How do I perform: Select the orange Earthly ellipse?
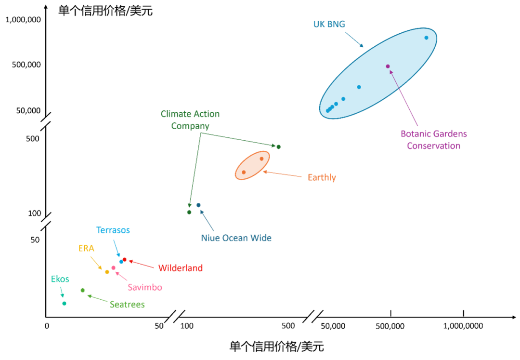click(x=252, y=165)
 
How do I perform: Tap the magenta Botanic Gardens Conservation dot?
click(x=388, y=66)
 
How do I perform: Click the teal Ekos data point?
click(x=65, y=303)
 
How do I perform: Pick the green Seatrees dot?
click(x=83, y=290)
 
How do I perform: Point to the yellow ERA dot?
click(x=107, y=272)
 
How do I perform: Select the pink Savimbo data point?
click(x=114, y=267)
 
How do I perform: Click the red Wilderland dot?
click(x=125, y=259)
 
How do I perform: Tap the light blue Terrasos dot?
click(x=121, y=262)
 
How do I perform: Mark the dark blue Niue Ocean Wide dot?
click(x=198, y=205)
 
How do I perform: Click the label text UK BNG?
click(x=329, y=24)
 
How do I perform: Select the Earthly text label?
click(x=322, y=178)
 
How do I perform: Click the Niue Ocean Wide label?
click(x=236, y=238)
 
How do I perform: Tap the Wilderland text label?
click(x=181, y=268)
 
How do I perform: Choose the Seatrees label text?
click(x=127, y=305)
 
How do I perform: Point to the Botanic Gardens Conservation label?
click(x=434, y=140)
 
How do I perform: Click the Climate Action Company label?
click(x=190, y=120)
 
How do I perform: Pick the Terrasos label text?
click(x=113, y=230)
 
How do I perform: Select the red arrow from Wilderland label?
click(x=142, y=264)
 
